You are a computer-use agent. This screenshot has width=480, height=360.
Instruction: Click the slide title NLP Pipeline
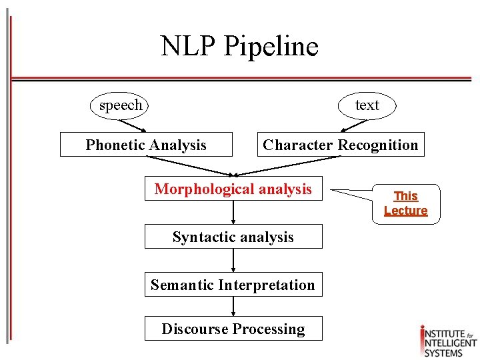click(239, 46)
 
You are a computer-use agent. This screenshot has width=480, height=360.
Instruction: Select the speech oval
click(121, 105)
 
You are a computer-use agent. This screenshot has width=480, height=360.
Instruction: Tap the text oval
click(367, 105)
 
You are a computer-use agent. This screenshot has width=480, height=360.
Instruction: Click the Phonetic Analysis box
click(146, 145)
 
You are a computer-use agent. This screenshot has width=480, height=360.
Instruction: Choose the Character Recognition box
click(341, 145)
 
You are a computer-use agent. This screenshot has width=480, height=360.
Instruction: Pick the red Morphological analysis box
click(233, 189)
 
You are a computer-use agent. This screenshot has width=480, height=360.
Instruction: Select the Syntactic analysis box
click(233, 237)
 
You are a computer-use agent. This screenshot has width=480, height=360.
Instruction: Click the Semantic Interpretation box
click(233, 285)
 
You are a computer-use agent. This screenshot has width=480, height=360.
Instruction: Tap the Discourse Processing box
click(233, 329)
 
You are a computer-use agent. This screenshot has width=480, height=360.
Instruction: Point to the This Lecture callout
click(405, 203)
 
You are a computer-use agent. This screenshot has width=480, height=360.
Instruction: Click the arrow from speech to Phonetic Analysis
click(133, 125)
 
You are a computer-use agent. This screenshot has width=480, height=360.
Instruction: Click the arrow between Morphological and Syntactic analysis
click(233, 213)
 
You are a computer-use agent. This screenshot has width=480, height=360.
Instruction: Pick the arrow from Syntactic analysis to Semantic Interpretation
click(233, 261)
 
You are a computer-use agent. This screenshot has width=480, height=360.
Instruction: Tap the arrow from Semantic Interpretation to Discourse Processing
click(233, 307)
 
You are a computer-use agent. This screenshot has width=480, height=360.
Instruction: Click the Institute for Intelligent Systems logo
click(448, 341)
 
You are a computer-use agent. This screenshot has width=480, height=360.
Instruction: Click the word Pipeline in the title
click(271, 46)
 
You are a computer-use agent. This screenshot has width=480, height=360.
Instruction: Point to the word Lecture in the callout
click(405, 211)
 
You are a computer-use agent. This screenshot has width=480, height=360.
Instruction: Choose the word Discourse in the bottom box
click(191, 329)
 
